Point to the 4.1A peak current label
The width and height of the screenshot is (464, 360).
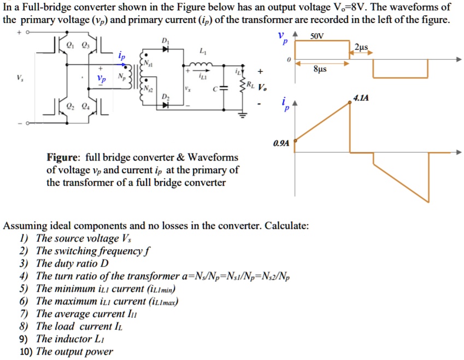361,98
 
